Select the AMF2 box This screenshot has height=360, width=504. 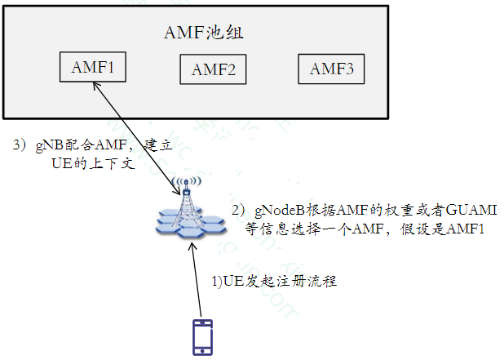213,70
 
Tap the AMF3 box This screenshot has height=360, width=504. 331,69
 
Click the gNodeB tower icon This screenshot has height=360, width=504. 189,211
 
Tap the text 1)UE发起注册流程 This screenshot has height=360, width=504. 274,282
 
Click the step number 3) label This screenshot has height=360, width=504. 20,145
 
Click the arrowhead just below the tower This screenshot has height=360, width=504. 192,244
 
